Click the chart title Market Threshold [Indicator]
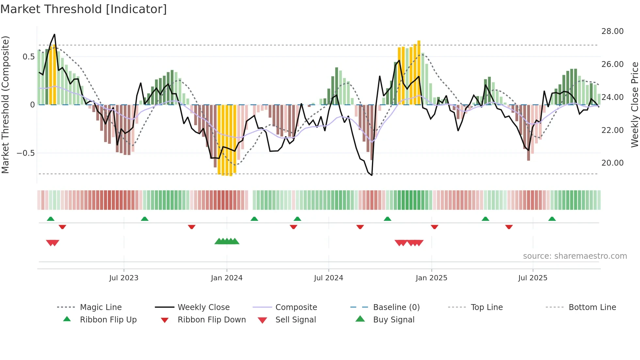click(84, 9)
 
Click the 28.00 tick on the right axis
click(612, 31)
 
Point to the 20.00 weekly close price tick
click(612, 163)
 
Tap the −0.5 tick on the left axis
click(25, 153)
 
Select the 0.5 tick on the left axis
click(28, 57)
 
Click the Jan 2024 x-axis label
click(227, 278)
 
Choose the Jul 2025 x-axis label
click(533, 278)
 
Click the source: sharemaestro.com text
click(575, 256)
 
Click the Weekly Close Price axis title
click(634, 105)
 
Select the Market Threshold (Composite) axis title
click(5, 105)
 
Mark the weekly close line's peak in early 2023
click(55, 34)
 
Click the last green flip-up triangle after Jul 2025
click(552, 219)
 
